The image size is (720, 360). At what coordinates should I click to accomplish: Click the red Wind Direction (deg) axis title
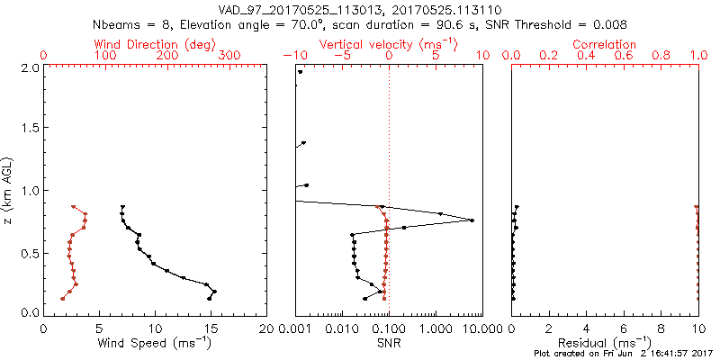click(156, 43)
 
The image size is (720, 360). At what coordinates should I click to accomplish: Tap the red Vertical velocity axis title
click(389, 43)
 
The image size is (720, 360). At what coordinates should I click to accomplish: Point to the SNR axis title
click(389, 343)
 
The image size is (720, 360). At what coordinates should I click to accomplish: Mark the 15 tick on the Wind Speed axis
click(211, 328)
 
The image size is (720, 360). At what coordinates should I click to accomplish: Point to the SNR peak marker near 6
click(472, 220)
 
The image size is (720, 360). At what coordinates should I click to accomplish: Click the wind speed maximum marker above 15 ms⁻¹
click(214, 292)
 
